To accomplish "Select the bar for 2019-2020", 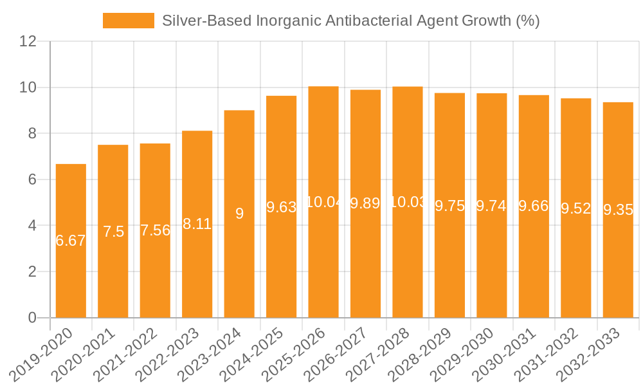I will click(71, 270).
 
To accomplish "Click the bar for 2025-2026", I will click(323, 257).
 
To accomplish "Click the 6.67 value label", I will click(71, 241).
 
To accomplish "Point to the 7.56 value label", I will click(155, 230).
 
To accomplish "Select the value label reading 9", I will click(239, 214).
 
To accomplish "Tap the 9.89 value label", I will click(365, 203).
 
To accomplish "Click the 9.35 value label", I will click(618, 210).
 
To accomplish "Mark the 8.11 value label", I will click(197, 224).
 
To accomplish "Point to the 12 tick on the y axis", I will click(28, 41).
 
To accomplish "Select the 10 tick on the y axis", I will click(28, 87).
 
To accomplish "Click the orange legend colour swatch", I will click(129, 21).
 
